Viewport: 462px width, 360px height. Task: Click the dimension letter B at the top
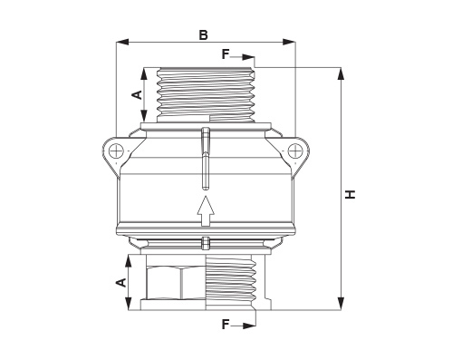[204, 34]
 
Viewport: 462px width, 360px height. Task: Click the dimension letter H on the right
[351, 194]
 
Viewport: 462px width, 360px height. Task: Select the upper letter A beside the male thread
[138, 94]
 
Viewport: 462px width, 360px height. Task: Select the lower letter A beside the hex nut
[121, 283]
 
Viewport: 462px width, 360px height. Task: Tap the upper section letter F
[226, 54]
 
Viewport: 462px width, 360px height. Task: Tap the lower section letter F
[226, 325]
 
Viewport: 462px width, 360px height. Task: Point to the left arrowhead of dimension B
[122, 42]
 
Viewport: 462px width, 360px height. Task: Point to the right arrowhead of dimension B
[289, 42]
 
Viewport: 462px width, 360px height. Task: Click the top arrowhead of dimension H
[341, 73]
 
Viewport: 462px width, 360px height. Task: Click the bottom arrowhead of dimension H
[341, 304]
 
